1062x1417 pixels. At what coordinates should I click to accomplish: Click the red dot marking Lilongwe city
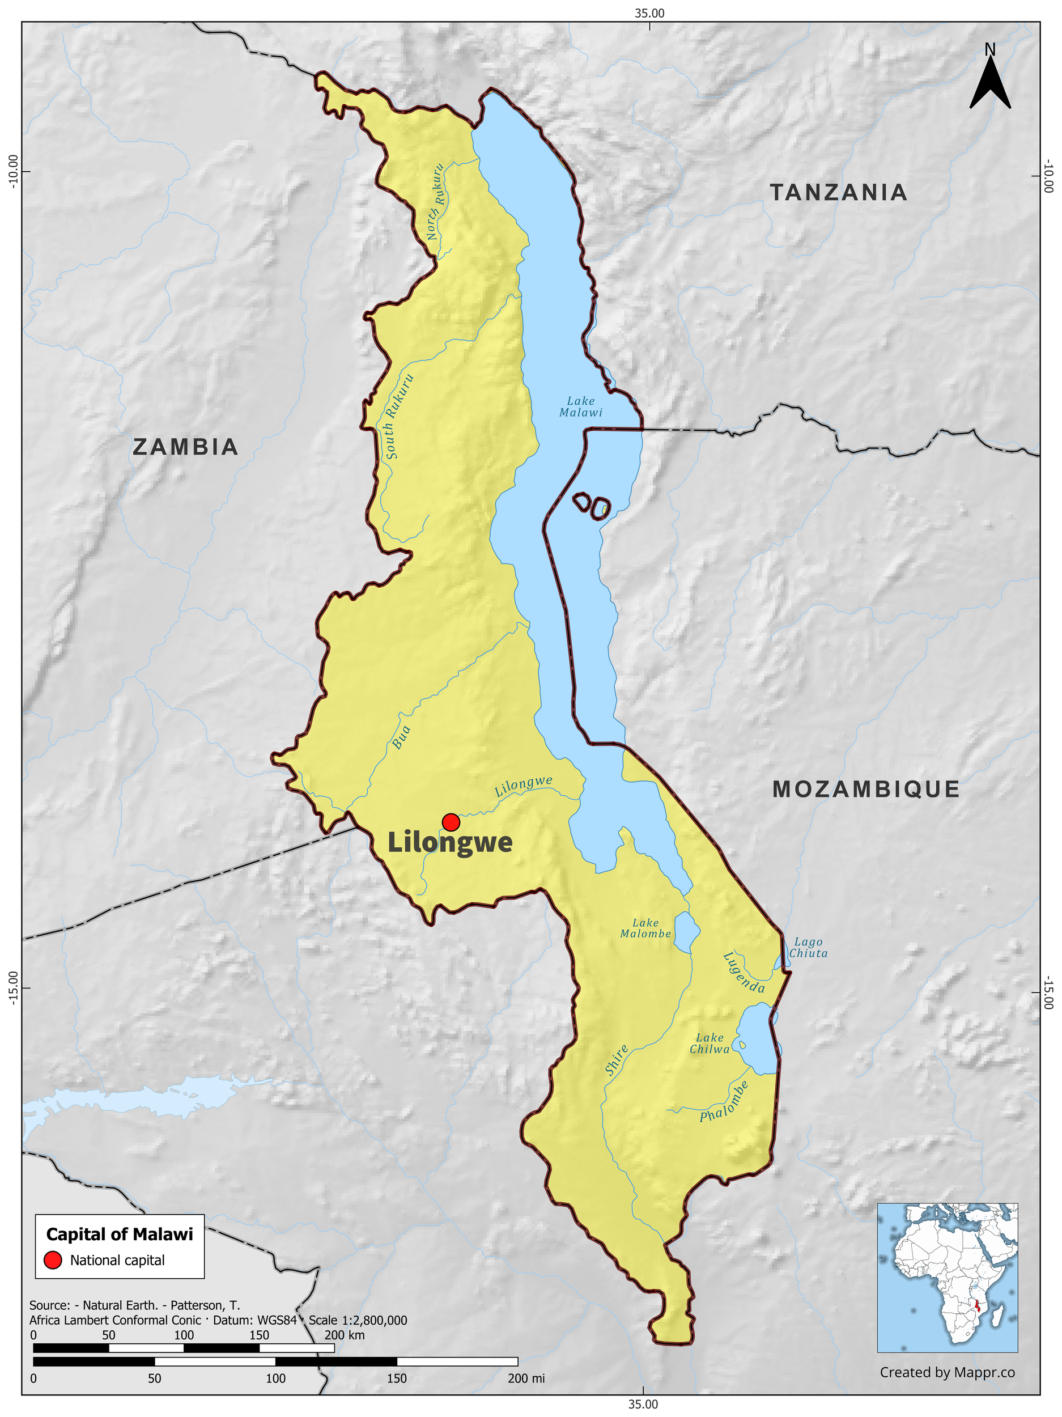[x=451, y=822]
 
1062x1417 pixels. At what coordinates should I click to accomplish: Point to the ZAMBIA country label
[x=186, y=447]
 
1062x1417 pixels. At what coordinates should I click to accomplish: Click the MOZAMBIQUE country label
[x=866, y=789]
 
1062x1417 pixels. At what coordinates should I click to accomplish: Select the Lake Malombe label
[x=645, y=928]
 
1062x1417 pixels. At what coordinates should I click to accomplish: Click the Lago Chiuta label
[x=808, y=948]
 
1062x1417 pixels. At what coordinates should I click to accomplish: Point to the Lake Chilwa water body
[x=757, y=1038]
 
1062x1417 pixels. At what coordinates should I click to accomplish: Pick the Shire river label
[x=616, y=1060]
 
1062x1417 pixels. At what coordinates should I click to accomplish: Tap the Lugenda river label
[x=743, y=973]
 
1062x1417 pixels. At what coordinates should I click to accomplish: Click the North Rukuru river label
[x=436, y=202]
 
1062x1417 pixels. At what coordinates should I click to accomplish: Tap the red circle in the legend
[x=53, y=1260]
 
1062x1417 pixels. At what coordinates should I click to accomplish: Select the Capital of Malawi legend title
[x=119, y=1234]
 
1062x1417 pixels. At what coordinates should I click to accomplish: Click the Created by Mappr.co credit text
[x=947, y=1372]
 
